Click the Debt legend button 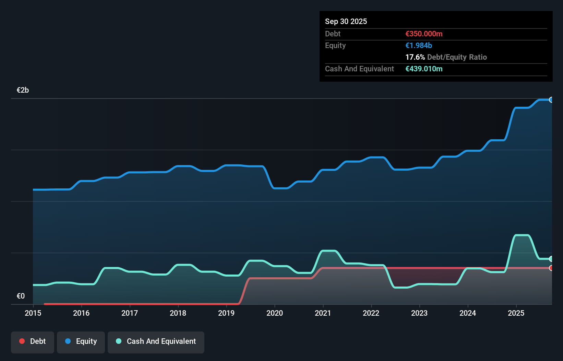pos(33,341)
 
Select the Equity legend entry pos(81,341)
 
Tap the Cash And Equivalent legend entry pos(156,341)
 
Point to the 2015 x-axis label pos(33,313)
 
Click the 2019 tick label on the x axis pos(226,313)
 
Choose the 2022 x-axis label pos(371,313)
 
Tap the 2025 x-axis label pos(516,313)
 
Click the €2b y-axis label pos(23,90)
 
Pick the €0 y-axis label pos(21,296)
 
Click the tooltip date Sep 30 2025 pos(346,21)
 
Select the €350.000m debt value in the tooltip pos(424,34)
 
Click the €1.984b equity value pos(419,45)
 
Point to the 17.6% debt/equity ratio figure pos(415,57)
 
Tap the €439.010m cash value pos(424,69)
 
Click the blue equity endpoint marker pos(551,100)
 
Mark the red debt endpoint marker pos(551,268)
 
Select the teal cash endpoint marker pos(551,259)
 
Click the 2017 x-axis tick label pos(130,313)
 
